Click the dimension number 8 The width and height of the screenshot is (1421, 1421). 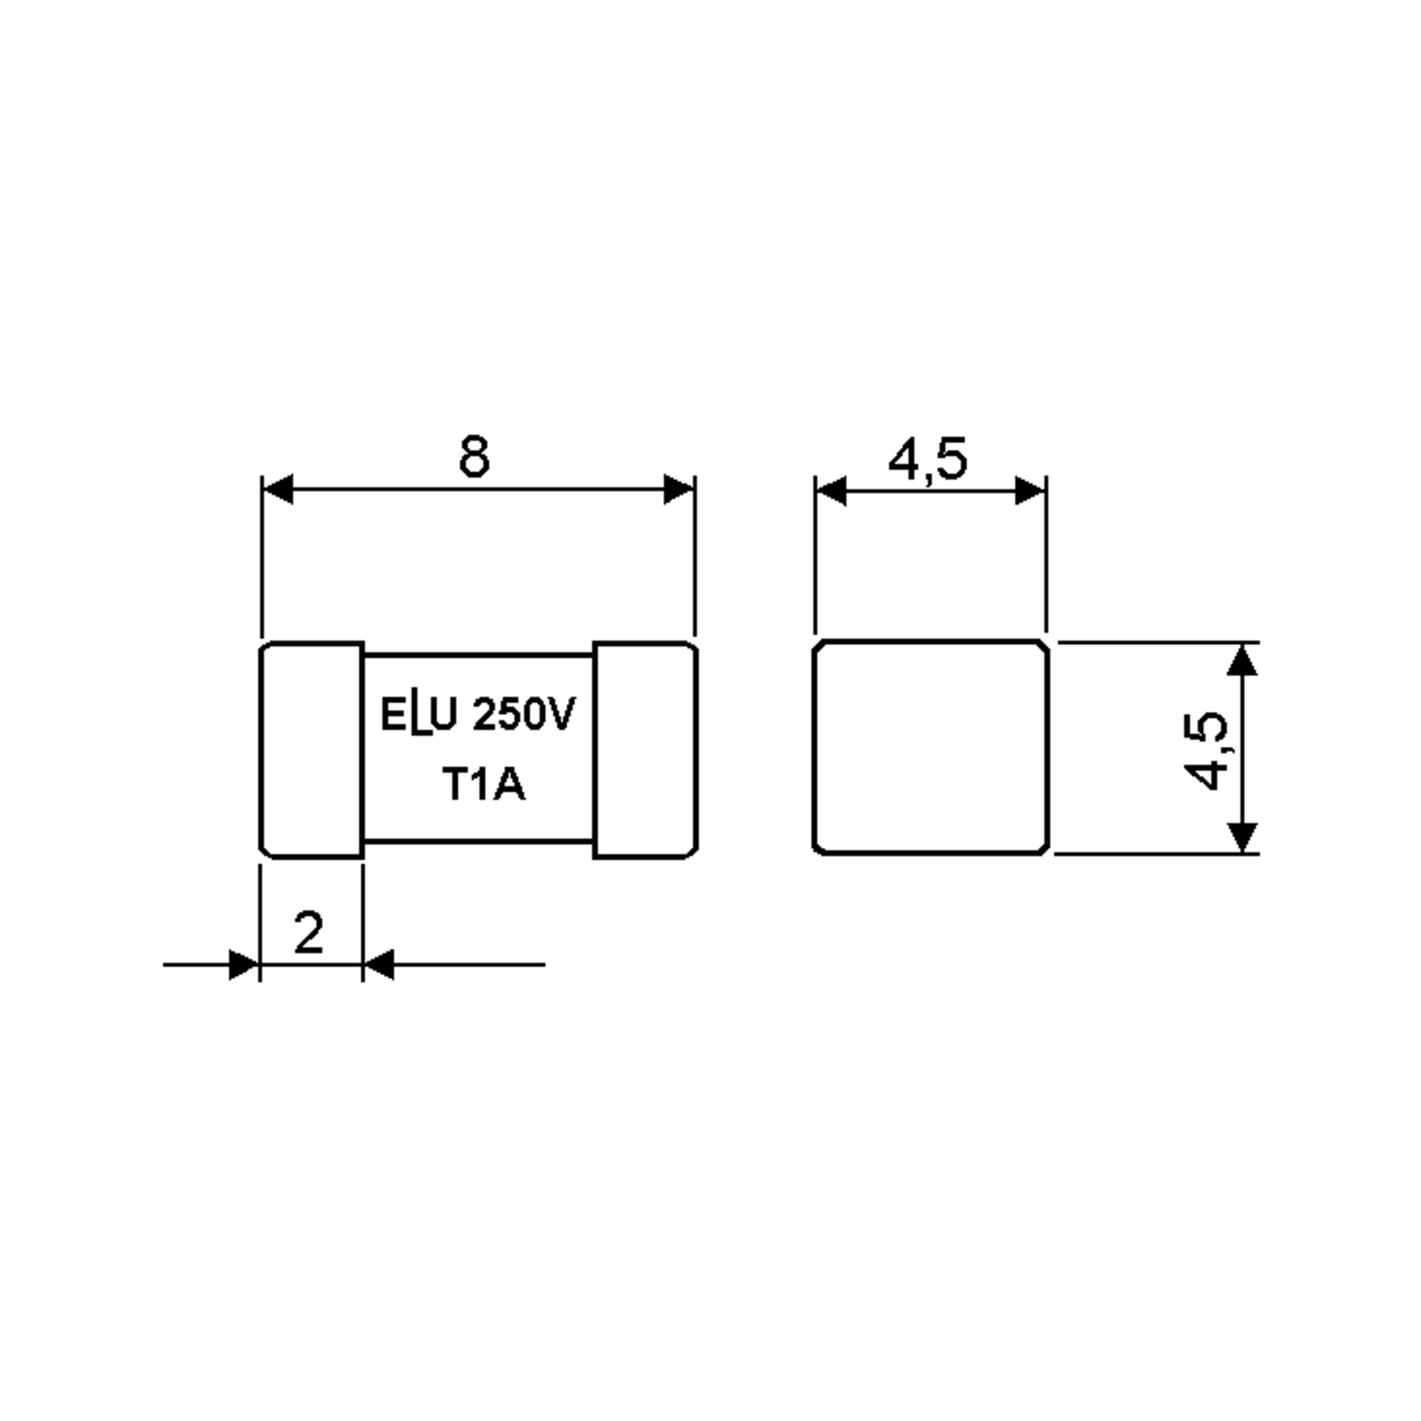tap(474, 456)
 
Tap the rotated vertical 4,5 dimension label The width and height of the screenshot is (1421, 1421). tap(1206, 751)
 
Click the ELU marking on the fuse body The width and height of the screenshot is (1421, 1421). tap(419, 715)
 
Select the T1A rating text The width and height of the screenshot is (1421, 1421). tap(483, 785)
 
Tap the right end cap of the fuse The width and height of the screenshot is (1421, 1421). tap(645, 750)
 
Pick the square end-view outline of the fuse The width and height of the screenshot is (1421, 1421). tap(930, 747)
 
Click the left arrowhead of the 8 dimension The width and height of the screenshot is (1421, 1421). tap(279, 489)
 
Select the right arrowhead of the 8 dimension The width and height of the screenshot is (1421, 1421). tap(678, 489)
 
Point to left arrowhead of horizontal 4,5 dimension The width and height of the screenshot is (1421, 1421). tap(832, 491)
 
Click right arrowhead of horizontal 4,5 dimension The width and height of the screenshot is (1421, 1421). tap(1030, 491)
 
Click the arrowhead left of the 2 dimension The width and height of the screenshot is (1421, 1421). tap(244, 965)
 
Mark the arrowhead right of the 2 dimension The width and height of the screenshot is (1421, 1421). tap(380, 965)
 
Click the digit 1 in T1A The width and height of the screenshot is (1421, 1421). tap(480, 785)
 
